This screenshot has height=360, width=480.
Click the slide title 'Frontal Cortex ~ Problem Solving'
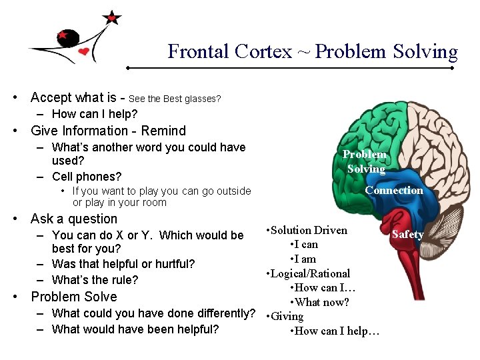313,52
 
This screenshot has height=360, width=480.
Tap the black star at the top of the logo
113,18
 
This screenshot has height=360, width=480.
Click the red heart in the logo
83,51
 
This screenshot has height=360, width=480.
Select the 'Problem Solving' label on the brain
365,161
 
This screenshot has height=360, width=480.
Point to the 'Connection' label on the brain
393,190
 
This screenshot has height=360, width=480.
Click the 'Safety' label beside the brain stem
407,234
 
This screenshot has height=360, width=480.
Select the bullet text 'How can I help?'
94,114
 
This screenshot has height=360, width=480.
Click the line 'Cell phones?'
86,177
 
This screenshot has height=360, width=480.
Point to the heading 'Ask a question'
74,219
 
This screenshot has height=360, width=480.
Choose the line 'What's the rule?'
95,280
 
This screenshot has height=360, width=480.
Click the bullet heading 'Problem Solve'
74,297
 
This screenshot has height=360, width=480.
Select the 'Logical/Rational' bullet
310,273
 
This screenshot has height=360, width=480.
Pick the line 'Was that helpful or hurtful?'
123,264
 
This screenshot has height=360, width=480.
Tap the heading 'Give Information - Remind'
109,131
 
